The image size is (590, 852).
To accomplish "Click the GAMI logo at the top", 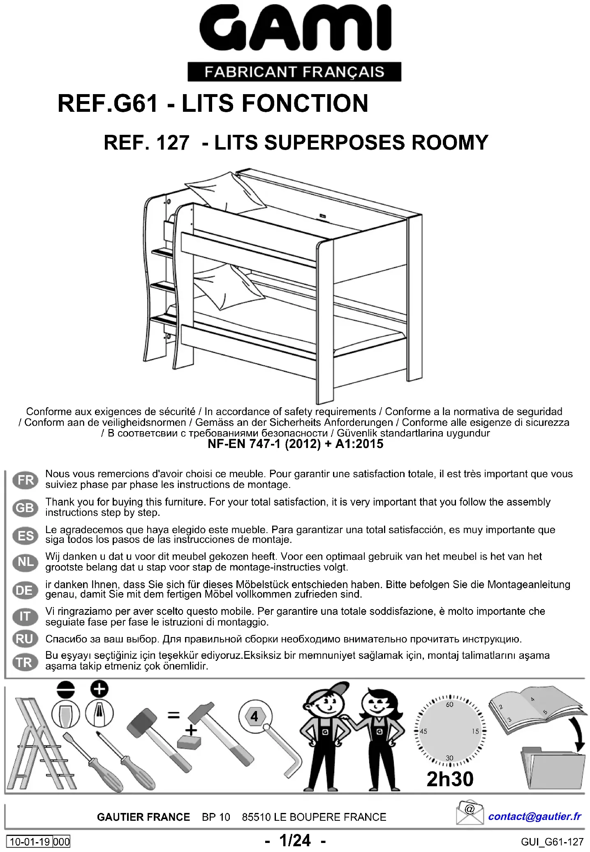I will (295, 28).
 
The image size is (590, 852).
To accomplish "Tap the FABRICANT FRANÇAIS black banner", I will (294, 72).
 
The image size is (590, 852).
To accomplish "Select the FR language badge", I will (25, 480).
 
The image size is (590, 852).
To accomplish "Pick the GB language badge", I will (25, 508).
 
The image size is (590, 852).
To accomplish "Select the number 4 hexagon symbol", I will (255, 716).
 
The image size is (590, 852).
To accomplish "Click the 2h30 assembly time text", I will (450, 779).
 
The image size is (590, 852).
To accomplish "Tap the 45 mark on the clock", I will (423, 731).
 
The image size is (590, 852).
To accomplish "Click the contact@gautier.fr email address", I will (534, 816).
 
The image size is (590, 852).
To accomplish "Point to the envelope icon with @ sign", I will (470, 812).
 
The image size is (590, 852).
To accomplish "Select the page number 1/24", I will (295, 840).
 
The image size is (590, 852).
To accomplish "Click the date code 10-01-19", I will (30, 842).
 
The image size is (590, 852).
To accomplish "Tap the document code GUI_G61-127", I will (552, 842).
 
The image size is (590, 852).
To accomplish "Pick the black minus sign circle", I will (66, 689).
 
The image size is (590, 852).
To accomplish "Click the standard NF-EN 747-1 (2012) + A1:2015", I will (295, 444).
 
